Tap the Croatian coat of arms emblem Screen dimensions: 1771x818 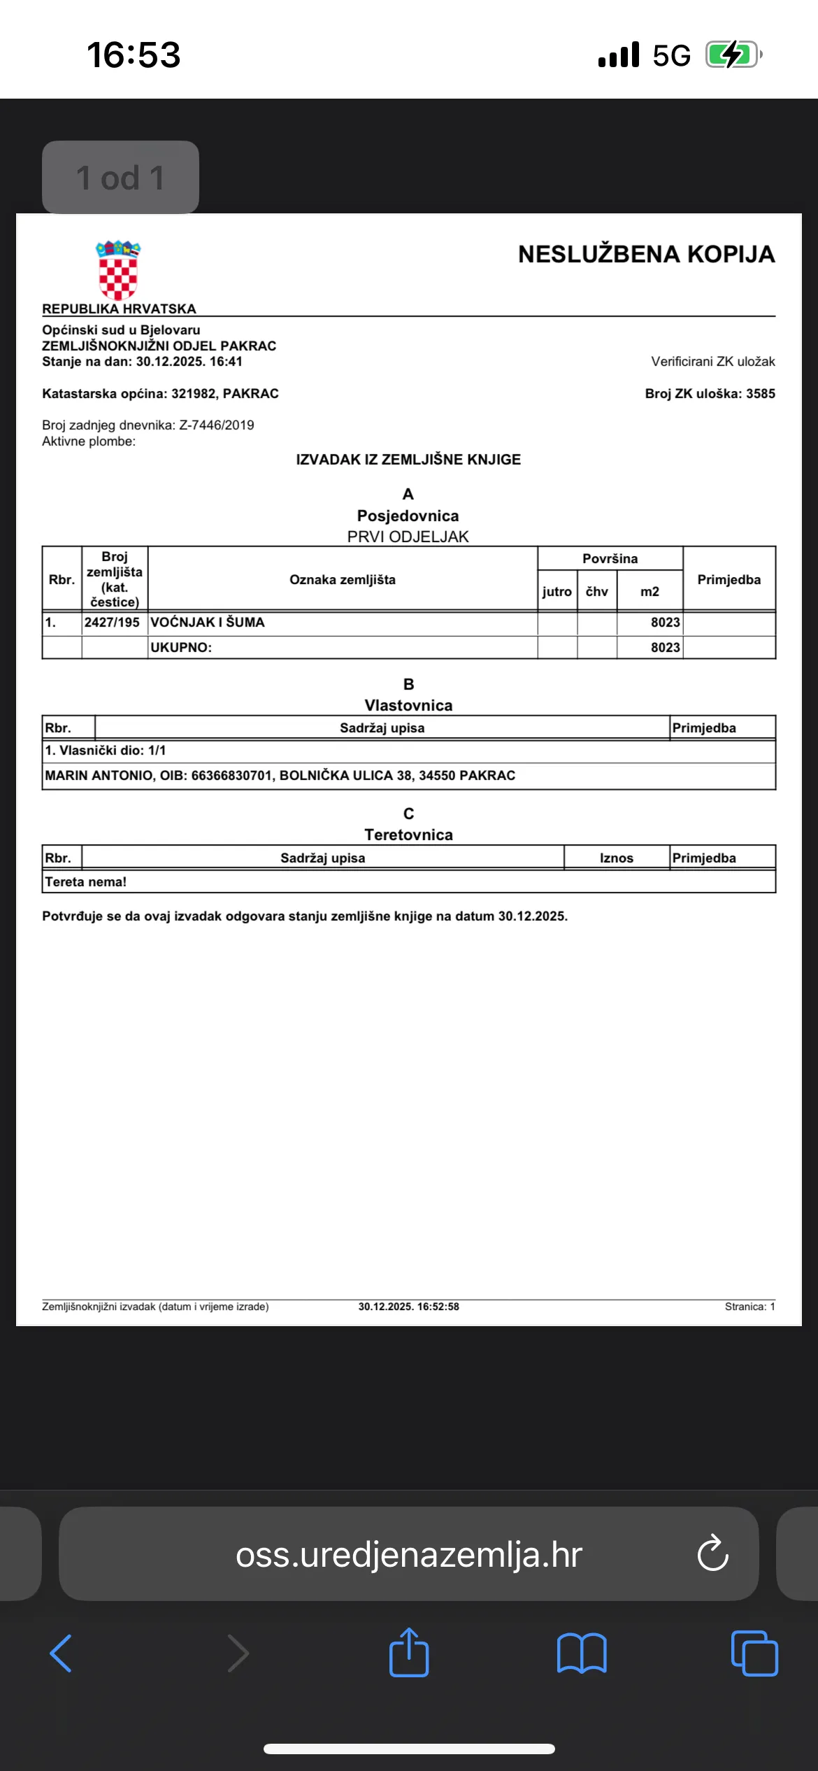[x=118, y=270]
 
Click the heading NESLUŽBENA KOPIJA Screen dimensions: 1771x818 [x=646, y=255]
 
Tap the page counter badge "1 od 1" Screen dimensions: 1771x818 [x=120, y=178]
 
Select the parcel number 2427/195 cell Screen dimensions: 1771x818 [x=113, y=623]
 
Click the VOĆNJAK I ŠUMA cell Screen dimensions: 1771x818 [x=208, y=623]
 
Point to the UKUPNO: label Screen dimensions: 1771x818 [x=181, y=648]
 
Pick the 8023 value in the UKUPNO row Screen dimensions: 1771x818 [x=665, y=648]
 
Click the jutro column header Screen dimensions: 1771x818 [x=557, y=592]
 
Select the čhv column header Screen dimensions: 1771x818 [x=596, y=592]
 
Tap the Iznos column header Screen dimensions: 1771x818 [x=616, y=858]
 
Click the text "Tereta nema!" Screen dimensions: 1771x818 [x=86, y=882]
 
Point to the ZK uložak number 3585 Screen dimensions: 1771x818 [x=760, y=394]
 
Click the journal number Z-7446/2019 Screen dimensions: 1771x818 [x=217, y=425]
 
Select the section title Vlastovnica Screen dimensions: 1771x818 [x=408, y=706]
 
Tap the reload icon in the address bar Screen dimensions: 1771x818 [x=712, y=1554]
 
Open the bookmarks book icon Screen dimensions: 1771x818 [x=582, y=1653]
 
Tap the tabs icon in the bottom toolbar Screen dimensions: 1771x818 [x=754, y=1653]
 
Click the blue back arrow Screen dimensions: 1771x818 [x=61, y=1653]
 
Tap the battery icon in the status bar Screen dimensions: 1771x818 [x=732, y=55]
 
